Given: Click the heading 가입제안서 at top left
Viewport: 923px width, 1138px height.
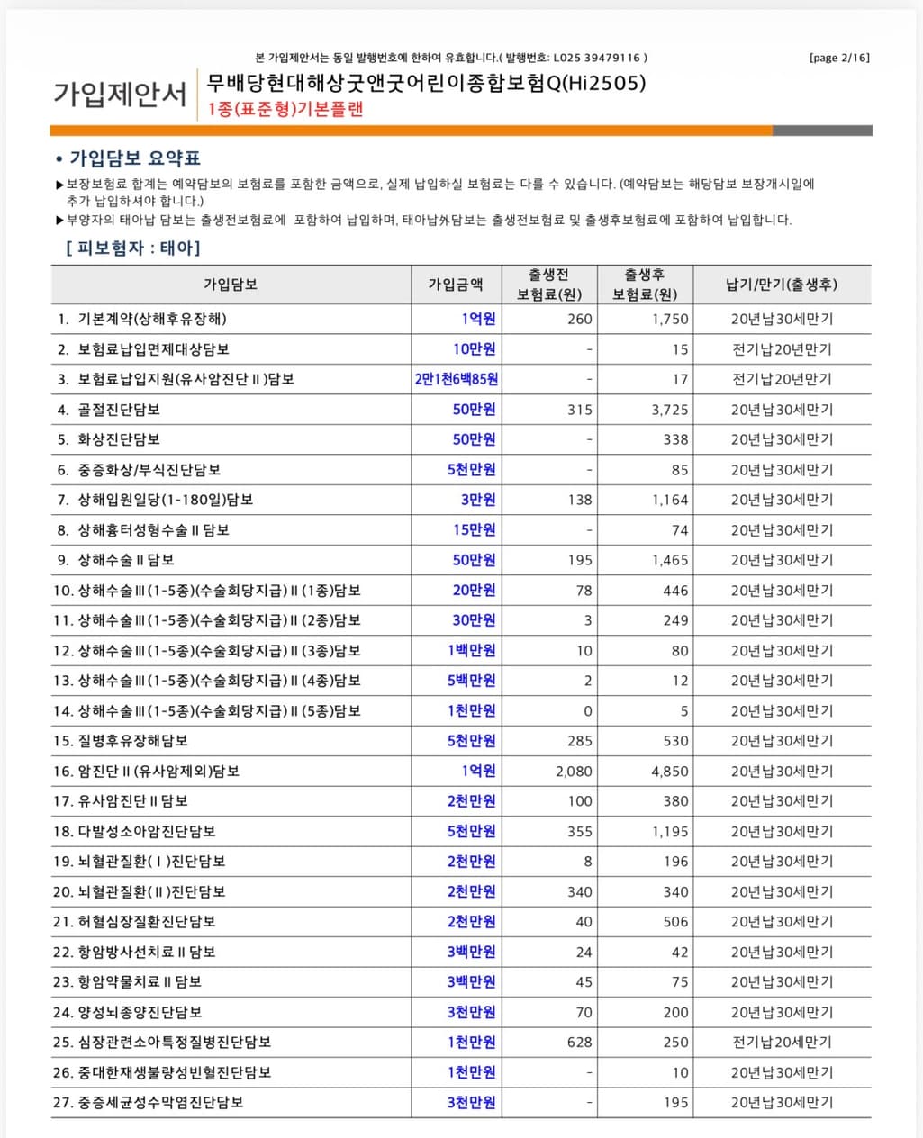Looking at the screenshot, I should tap(120, 94).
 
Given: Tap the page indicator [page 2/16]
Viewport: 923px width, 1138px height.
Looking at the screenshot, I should tap(839, 58).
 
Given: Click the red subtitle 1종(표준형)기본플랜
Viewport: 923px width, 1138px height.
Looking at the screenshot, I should tap(285, 110).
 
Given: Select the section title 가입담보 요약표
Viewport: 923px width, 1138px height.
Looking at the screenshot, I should tap(134, 158).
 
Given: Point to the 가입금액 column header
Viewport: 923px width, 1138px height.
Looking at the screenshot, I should tap(455, 284).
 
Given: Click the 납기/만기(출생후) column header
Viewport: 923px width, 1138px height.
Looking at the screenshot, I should tap(782, 284).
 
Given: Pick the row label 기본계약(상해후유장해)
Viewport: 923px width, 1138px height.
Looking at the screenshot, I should tap(152, 319).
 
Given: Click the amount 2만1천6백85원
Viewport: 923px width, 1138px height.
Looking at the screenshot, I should tap(457, 379).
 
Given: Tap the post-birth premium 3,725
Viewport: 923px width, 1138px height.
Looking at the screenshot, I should tap(670, 410).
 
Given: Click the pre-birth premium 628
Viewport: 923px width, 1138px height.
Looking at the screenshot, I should tap(579, 1043).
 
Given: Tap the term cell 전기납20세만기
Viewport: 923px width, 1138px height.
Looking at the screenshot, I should tap(782, 1043).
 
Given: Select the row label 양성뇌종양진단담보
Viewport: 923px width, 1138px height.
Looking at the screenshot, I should tap(140, 1013).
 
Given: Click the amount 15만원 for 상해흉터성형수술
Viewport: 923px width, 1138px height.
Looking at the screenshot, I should tap(474, 530).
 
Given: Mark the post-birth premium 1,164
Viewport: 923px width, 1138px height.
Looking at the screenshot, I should tap(670, 500).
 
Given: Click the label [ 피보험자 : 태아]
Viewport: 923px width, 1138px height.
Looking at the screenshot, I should tap(133, 248).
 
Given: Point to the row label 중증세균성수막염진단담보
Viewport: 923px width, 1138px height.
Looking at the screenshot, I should tap(160, 1103).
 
